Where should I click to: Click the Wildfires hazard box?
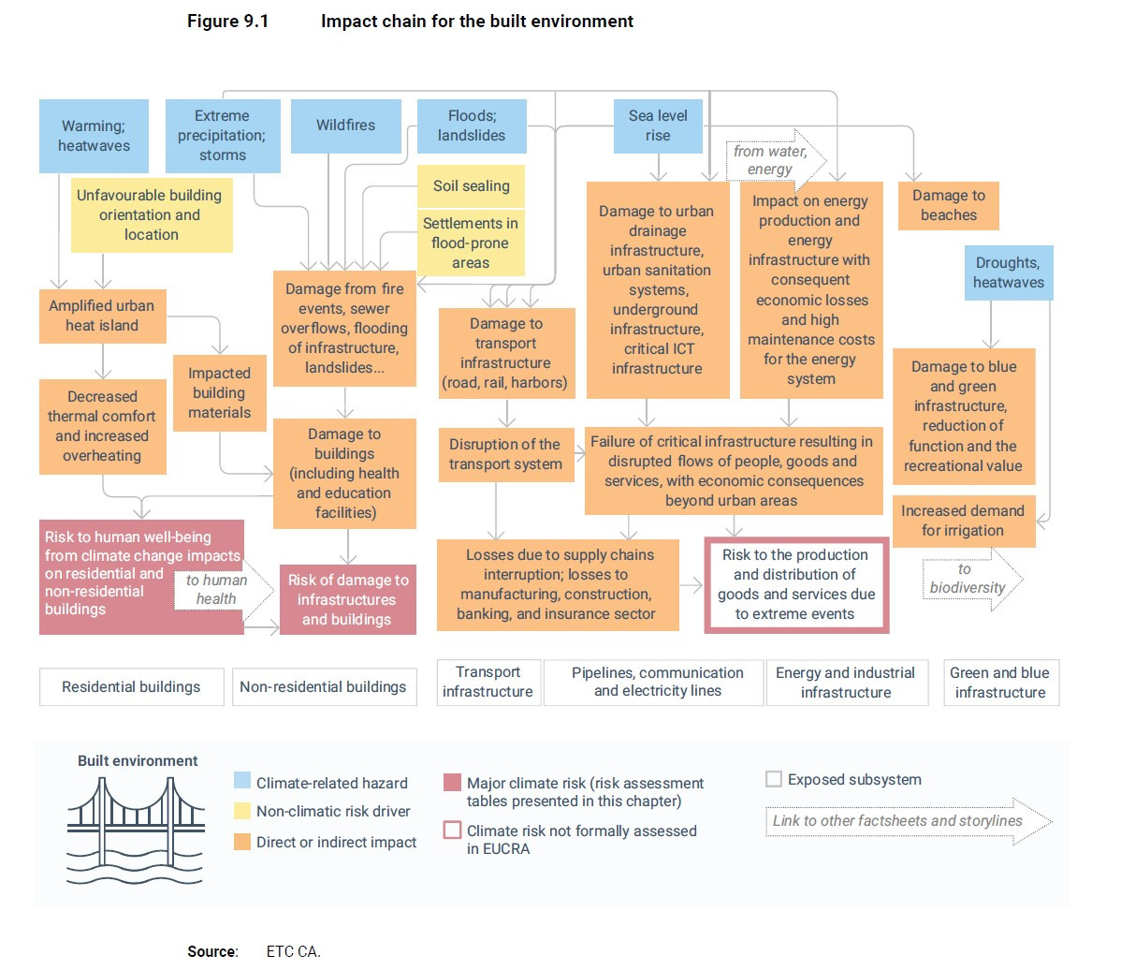coord(345,125)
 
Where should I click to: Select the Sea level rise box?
coord(658,125)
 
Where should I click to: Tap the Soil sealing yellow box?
coord(471,186)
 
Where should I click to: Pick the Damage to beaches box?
coord(948,205)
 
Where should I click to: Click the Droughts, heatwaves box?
coord(1008,272)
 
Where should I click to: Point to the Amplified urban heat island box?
coord(102,316)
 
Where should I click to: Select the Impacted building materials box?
coord(219,392)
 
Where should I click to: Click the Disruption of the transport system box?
coord(505,454)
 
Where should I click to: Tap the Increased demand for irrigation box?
coord(963,521)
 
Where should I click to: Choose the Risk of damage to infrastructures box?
coord(347,599)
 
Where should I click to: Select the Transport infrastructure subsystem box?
coord(488,682)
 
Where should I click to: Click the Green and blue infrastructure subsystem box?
coord(1000,683)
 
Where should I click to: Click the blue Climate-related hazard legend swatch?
coord(242,782)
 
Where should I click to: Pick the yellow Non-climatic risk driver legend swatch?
coord(242,811)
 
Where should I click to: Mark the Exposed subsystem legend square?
coord(773,779)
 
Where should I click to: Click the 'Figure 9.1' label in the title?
coord(227,21)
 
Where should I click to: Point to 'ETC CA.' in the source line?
coord(293,951)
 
